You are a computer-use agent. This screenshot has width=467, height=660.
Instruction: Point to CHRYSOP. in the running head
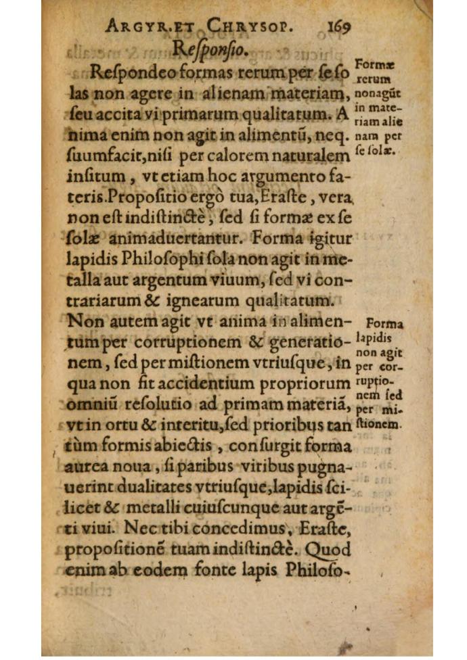[248, 28]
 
